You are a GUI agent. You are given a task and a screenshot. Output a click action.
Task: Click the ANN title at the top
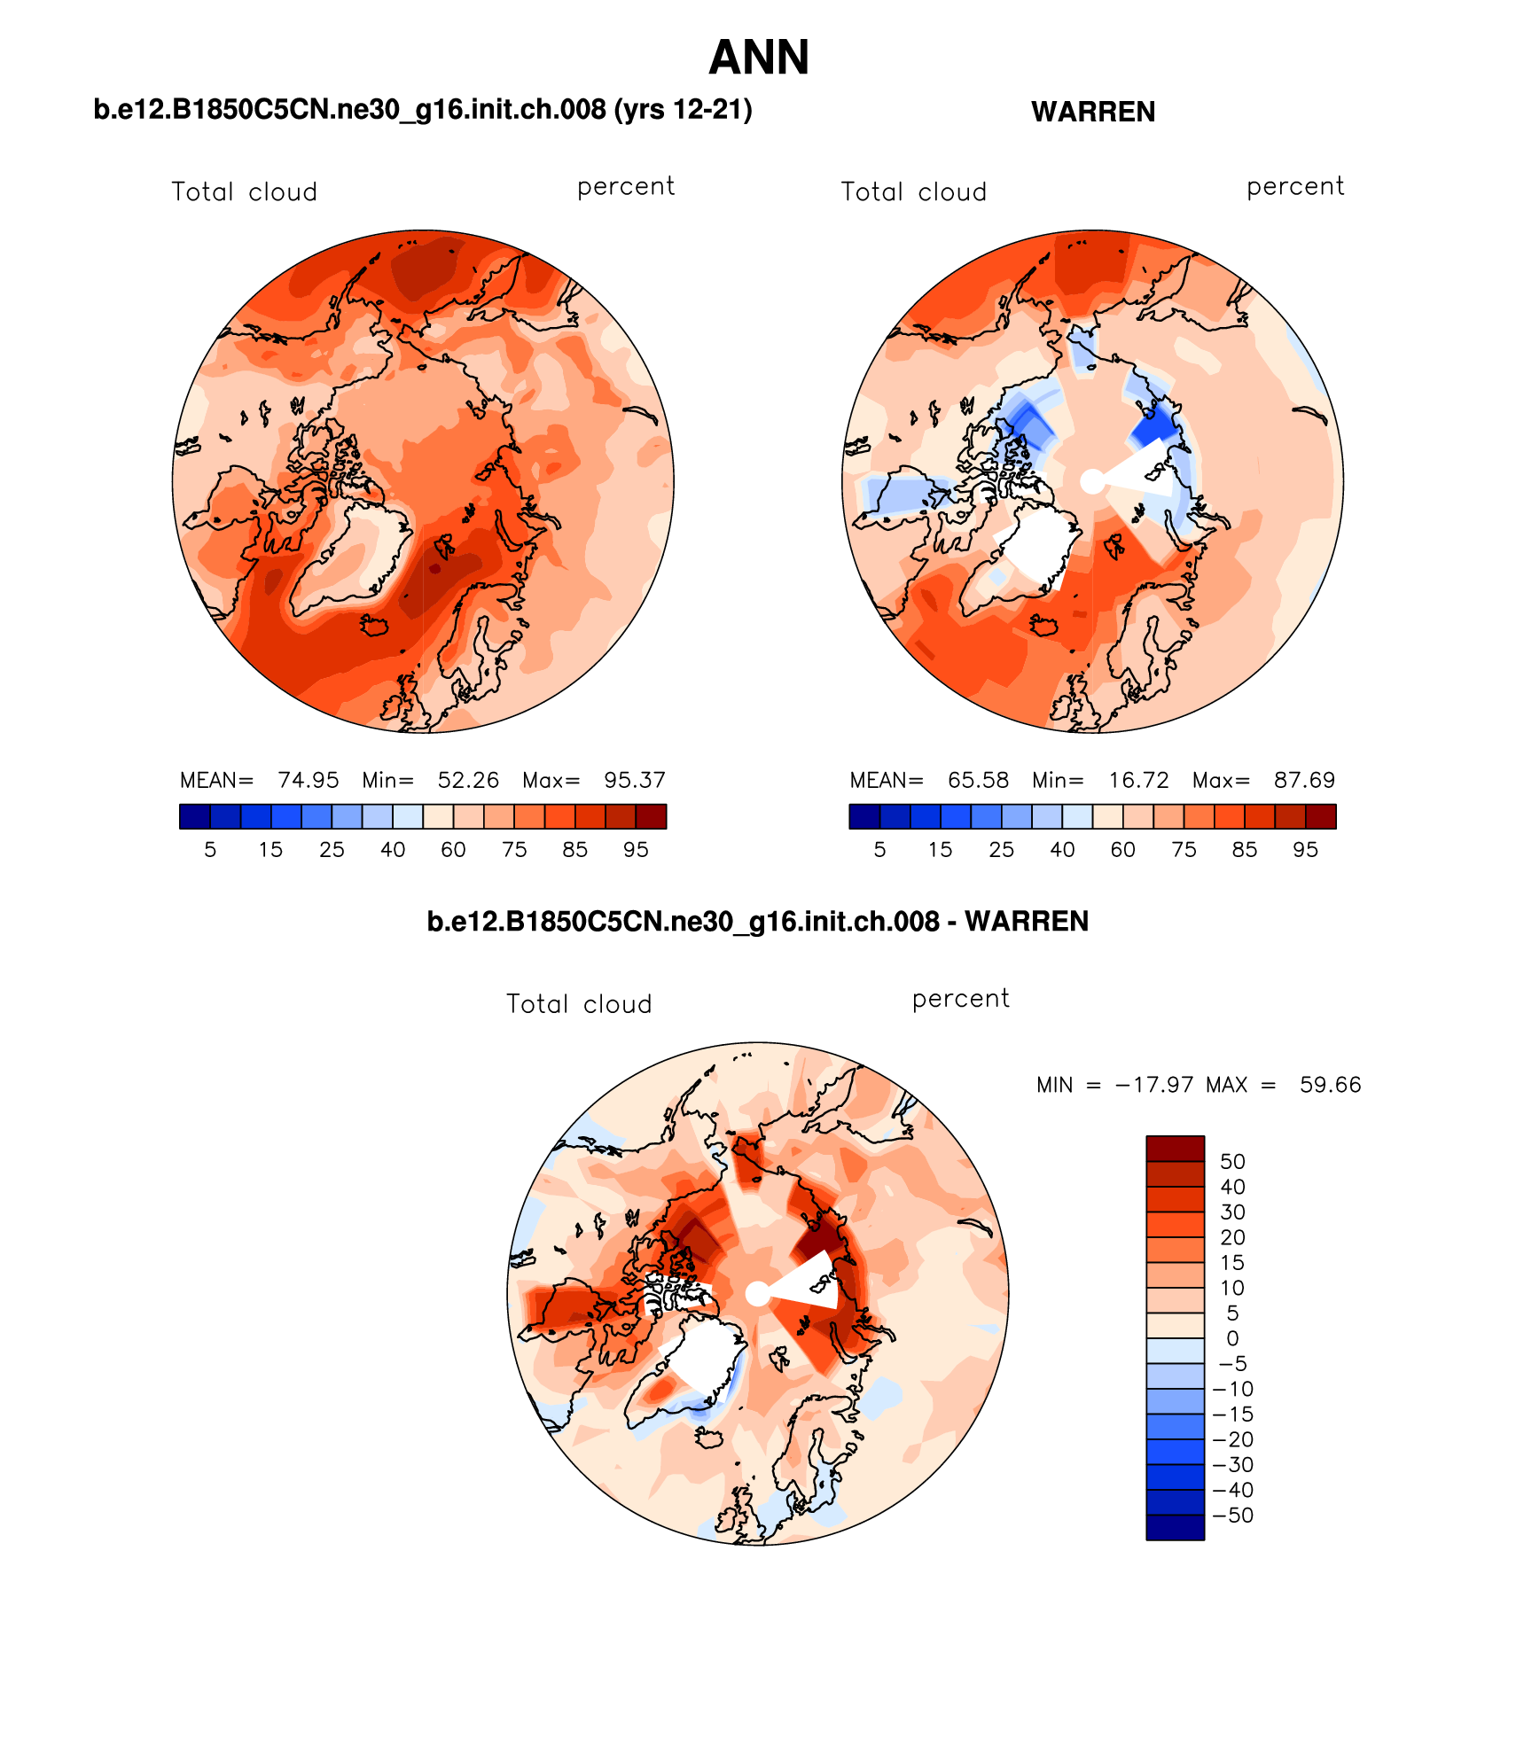(x=759, y=58)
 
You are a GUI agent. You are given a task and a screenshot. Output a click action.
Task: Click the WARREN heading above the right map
(x=1092, y=113)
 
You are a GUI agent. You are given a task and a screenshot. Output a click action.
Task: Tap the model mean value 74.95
(x=308, y=780)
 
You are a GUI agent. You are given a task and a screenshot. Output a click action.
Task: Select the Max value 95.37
(x=634, y=780)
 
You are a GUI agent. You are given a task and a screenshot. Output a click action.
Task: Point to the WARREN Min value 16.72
(x=1138, y=780)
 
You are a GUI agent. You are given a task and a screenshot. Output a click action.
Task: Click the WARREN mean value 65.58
(x=978, y=780)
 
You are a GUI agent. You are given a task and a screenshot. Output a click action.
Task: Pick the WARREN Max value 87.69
(x=1304, y=780)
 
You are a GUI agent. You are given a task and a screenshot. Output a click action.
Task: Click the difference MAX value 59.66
(x=1330, y=1085)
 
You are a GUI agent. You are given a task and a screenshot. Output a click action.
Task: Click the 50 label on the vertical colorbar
(x=1232, y=1162)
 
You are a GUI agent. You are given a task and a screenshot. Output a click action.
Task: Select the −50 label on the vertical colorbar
(x=1232, y=1516)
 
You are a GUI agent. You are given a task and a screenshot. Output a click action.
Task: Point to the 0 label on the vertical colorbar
(x=1232, y=1338)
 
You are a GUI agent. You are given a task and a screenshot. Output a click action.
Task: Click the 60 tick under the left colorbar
(x=453, y=850)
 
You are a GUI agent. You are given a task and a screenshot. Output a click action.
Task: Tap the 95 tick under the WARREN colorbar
(x=1305, y=850)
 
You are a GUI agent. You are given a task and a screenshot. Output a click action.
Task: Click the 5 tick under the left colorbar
(x=210, y=850)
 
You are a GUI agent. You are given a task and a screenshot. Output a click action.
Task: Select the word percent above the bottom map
(x=960, y=999)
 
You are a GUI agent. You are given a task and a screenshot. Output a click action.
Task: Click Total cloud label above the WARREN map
(x=913, y=192)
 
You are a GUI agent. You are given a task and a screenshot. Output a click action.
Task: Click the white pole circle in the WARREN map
(x=1092, y=481)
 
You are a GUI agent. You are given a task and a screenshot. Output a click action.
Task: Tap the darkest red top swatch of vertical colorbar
(x=1175, y=1149)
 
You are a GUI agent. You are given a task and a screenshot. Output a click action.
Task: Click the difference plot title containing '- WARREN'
(x=757, y=922)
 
